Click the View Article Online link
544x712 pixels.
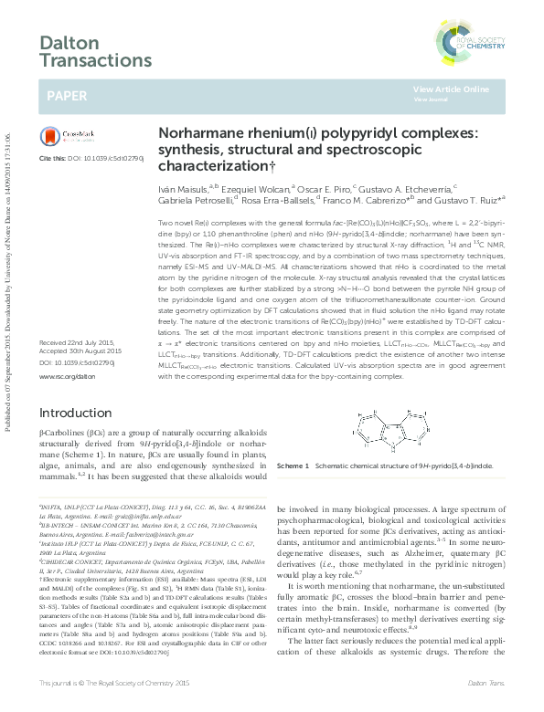click(x=451, y=89)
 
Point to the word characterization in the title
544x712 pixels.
click(x=212, y=167)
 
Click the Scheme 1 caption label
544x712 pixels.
click(x=294, y=465)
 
